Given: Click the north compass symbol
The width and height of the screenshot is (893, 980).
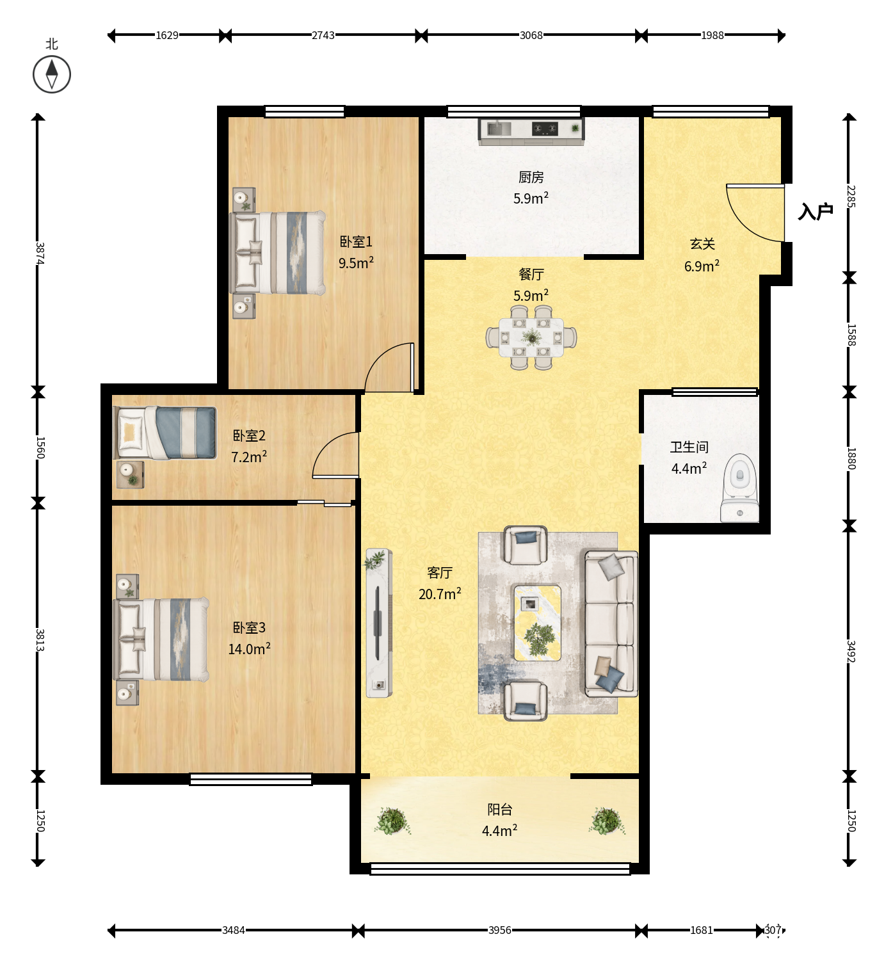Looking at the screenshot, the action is tap(51, 74).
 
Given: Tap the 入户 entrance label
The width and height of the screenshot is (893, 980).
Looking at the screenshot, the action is tap(816, 211).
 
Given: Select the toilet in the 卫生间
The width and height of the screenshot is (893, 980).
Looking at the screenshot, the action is tap(739, 488).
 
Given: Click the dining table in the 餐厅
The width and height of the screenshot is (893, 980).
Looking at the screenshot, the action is tap(531, 337).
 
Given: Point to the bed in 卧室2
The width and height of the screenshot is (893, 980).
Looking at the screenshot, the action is tap(165, 433).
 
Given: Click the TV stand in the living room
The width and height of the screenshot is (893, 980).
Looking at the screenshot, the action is tap(379, 622).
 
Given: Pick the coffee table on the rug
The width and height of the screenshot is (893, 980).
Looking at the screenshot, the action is tap(537, 622).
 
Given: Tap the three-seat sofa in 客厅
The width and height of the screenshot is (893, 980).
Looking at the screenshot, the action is tap(611, 623).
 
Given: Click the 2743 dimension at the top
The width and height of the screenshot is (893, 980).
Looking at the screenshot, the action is tap(323, 35).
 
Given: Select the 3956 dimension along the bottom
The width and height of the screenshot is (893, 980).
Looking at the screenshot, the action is tap(499, 929).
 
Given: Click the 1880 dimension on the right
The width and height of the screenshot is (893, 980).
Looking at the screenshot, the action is tap(851, 458).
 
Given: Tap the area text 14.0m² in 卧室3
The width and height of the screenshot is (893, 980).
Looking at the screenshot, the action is tap(249, 649).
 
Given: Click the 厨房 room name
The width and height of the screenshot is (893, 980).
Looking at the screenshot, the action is tap(531, 177).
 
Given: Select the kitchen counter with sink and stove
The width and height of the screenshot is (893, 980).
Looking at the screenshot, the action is tap(531, 131).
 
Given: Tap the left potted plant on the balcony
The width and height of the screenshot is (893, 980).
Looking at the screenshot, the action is tap(392, 821).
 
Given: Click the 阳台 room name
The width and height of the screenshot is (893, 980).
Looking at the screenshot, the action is tap(499, 810).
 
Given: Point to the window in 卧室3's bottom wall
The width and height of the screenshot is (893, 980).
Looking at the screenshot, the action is tap(251, 779).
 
